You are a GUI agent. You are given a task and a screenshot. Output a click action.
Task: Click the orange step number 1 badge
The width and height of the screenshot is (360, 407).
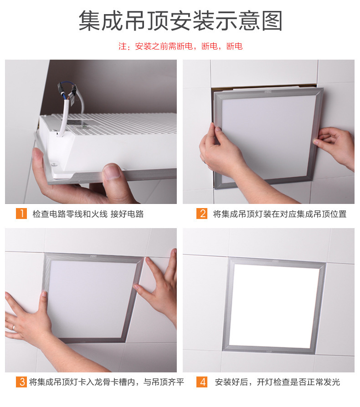(x=21, y=214)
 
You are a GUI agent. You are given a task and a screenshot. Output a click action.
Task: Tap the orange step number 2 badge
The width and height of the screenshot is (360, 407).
(x=202, y=214)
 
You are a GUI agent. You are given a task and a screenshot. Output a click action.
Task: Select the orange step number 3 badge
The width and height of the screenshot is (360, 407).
(x=21, y=382)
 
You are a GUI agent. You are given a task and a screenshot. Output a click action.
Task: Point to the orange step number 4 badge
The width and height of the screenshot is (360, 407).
(x=202, y=382)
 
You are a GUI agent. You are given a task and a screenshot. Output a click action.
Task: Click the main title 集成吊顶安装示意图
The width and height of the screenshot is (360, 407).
(x=180, y=21)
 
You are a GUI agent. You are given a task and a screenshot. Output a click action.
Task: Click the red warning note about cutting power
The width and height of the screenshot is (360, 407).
(x=180, y=46)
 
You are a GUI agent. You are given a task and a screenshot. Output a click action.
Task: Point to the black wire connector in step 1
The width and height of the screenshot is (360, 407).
(x=61, y=89)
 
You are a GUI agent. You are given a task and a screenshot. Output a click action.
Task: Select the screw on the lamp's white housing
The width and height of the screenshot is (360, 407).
(x=54, y=164)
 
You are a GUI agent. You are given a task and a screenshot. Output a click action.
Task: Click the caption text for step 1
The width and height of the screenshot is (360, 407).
(x=88, y=214)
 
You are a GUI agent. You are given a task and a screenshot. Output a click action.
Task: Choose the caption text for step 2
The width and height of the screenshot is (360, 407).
(x=280, y=214)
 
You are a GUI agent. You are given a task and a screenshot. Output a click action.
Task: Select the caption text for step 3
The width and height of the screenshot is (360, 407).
(x=107, y=382)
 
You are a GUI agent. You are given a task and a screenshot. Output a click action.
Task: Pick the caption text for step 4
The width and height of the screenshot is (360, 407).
(x=278, y=382)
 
